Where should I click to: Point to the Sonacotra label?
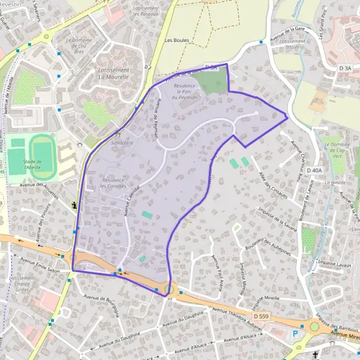[122, 143]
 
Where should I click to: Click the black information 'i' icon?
[74, 205]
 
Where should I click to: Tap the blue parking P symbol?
[295, 334]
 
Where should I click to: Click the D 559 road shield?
[260, 316]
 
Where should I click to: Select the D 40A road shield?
[314, 171]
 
